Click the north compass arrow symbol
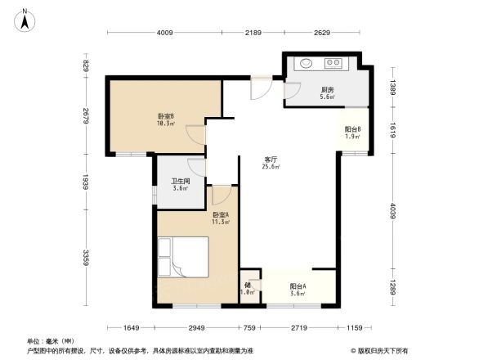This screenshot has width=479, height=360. pyautogui.click(x=25, y=19)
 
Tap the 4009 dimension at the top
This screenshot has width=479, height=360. pyautogui.click(x=165, y=33)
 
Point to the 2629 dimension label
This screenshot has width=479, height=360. pyautogui.click(x=321, y=33)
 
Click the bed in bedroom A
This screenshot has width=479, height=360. pyautogui.click(x=184, y=257)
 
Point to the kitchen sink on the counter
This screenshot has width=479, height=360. pyautogui.click(x=307, y=63)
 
